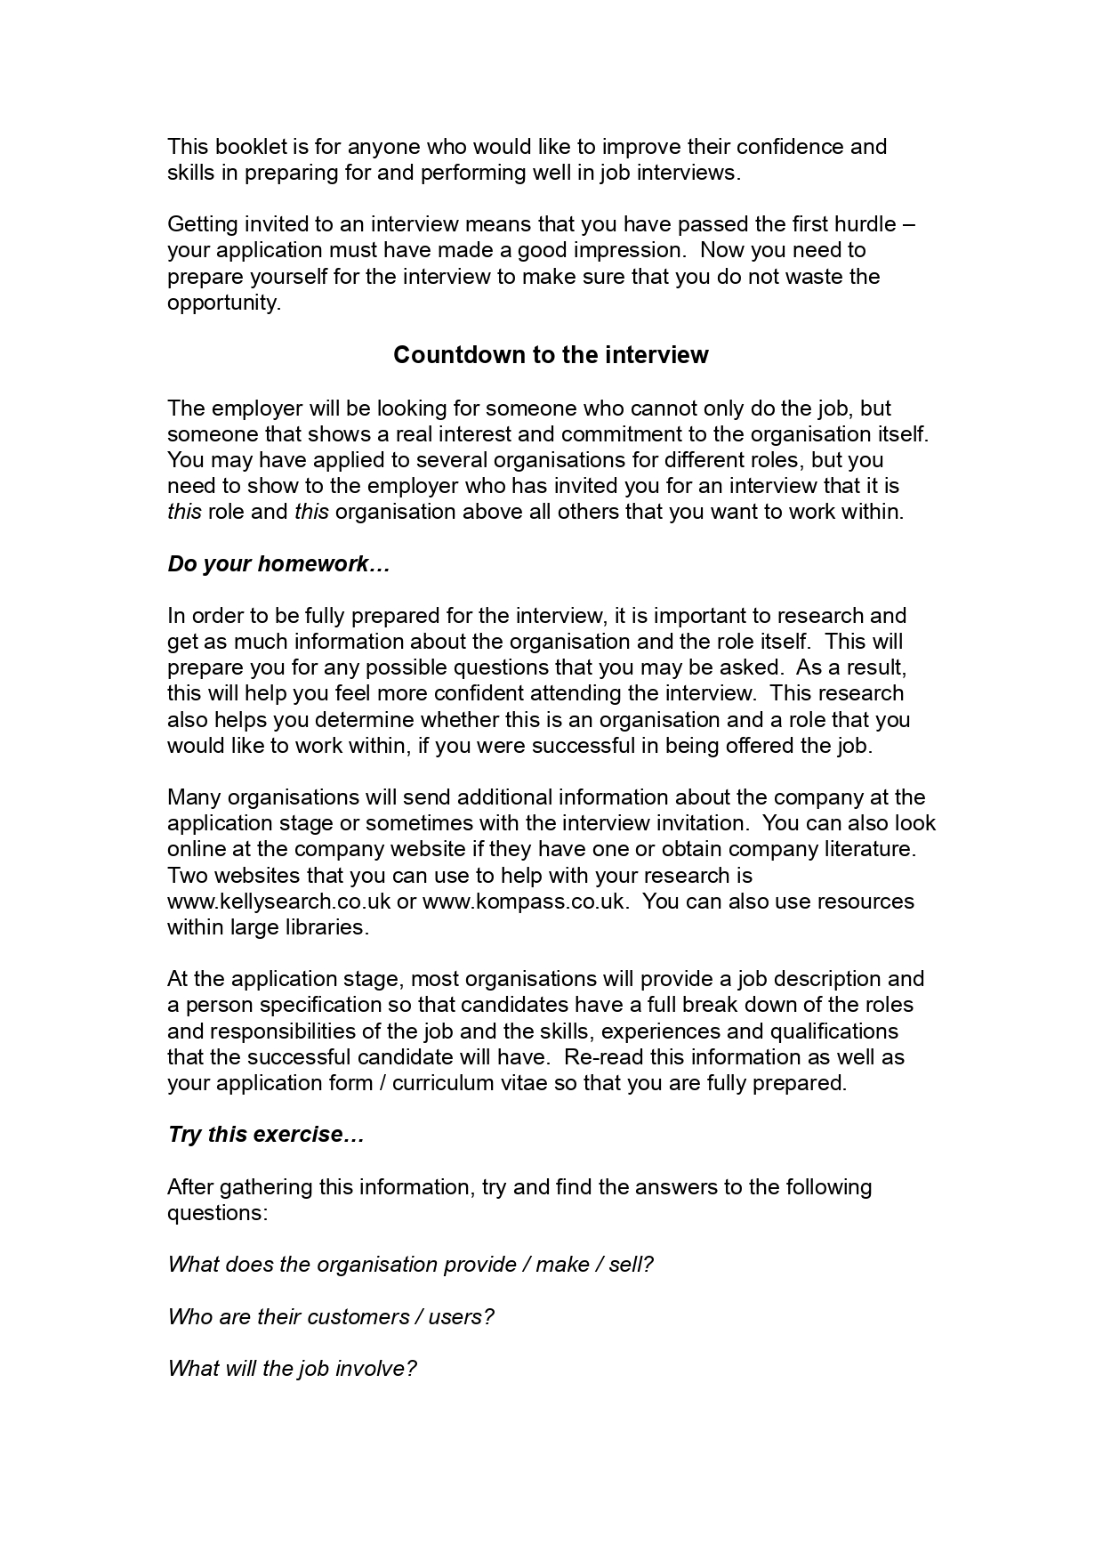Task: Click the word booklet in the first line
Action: pos(244,146)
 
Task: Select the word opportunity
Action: pos(223,303)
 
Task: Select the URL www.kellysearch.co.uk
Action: pos(278,901)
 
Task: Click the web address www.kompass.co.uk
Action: pos(526,901)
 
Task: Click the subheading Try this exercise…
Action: pos(266,1135)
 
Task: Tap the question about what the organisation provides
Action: pos(410,1265)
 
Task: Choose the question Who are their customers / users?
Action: pos(330,1316)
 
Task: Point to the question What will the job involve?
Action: pos(292,1368)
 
